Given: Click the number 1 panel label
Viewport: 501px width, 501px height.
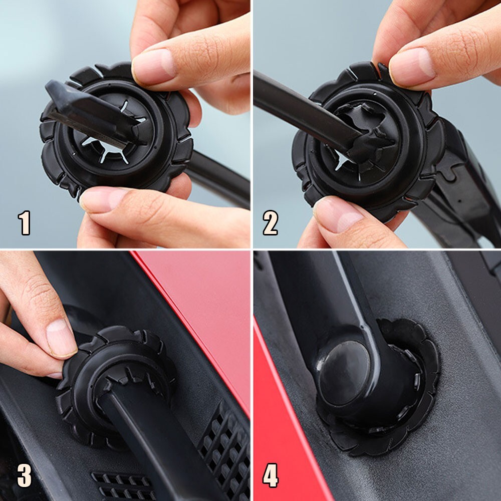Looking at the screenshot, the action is coord(24,223).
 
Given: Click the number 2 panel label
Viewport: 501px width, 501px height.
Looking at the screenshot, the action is coord(271,223).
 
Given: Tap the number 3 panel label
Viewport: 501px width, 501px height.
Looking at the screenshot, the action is coord(24,475).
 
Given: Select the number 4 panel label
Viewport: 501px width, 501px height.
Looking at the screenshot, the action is coord(271,475).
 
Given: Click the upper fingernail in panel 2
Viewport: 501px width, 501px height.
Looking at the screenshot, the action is coord(412,67).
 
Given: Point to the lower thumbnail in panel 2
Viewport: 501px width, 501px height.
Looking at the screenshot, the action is coord(338,214).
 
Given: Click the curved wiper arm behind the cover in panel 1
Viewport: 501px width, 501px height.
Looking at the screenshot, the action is coord(220,179).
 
